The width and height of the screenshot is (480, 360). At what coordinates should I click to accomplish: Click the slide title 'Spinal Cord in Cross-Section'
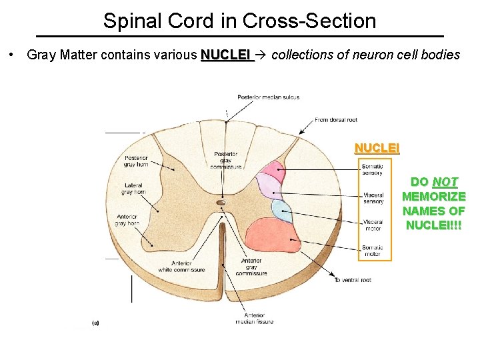click(239, 21)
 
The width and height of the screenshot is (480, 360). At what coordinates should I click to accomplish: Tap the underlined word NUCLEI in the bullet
click(226, 54)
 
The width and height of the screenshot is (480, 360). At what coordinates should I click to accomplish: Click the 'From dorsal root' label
click(335, 120)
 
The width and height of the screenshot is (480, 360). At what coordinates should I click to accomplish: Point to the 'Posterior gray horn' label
click(136, 161)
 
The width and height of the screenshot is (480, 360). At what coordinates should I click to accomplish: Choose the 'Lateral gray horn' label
click(133, 189)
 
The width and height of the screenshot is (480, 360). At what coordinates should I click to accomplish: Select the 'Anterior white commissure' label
click(181, 266)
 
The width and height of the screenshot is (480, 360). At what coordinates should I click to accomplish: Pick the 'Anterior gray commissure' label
click(251, 266)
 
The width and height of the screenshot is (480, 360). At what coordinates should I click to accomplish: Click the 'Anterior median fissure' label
click(253, 318)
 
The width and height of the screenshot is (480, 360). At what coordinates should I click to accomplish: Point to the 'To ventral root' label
click(353, 280)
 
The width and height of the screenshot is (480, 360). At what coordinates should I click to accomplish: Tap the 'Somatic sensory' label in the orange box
click(371, 169)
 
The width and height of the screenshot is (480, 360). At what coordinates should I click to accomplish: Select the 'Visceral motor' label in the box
click(373, 225)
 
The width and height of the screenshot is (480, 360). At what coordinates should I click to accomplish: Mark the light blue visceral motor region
click(281, 210)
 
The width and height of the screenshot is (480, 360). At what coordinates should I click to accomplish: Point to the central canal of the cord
click(221, 202)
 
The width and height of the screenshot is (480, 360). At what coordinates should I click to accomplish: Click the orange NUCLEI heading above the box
click(377, 148)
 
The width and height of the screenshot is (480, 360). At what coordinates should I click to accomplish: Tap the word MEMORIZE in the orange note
click(433, 197)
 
